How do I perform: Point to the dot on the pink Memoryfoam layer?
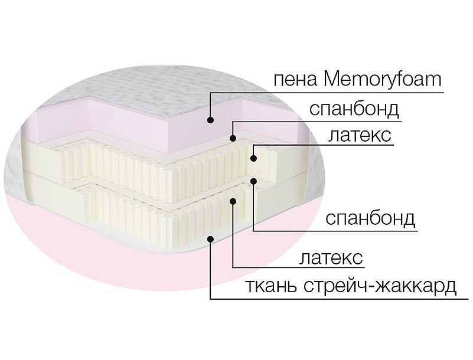(x=210, y=120)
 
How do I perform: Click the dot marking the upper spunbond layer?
(x=233, y=139)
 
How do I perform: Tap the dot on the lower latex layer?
(x=233, y=201)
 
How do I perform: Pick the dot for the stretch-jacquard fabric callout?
(x=210, y=238)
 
